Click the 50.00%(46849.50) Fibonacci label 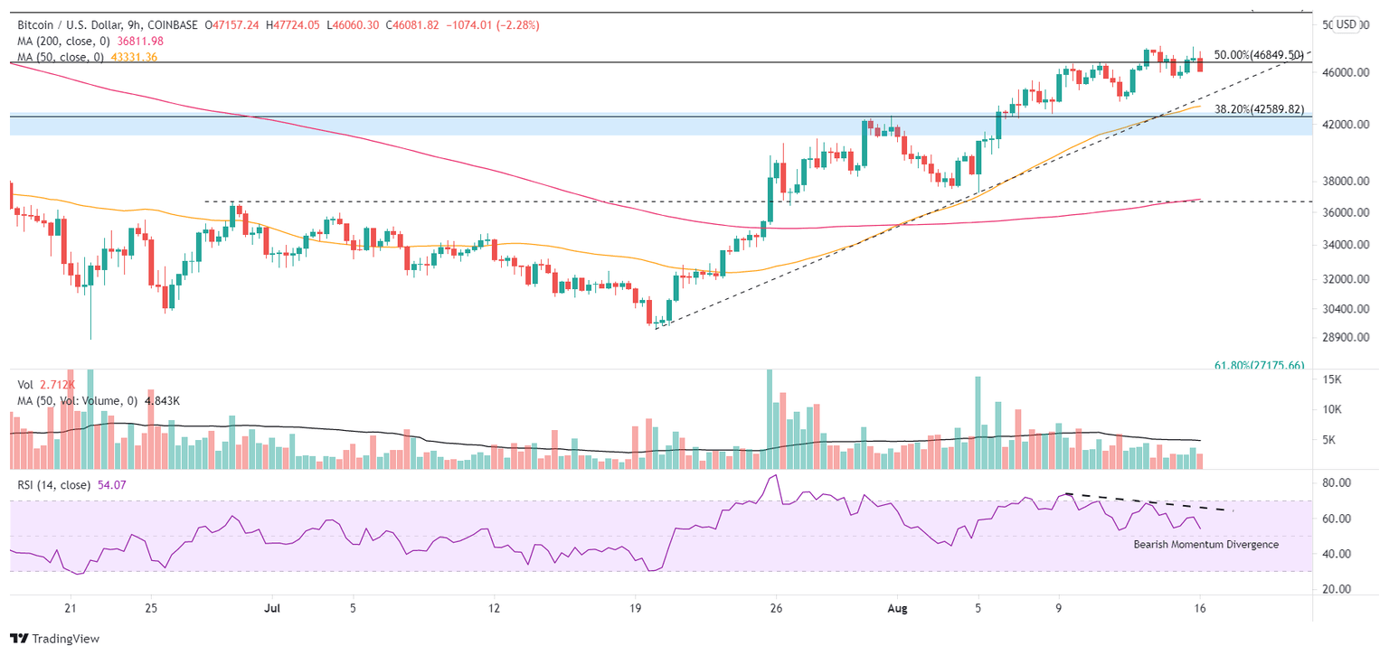click(1258, 55)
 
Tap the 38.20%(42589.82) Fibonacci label click(1258, 109)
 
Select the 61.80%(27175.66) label click(1258, 365)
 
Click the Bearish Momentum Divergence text click(1205, 545)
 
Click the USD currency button click(1346, 24)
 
